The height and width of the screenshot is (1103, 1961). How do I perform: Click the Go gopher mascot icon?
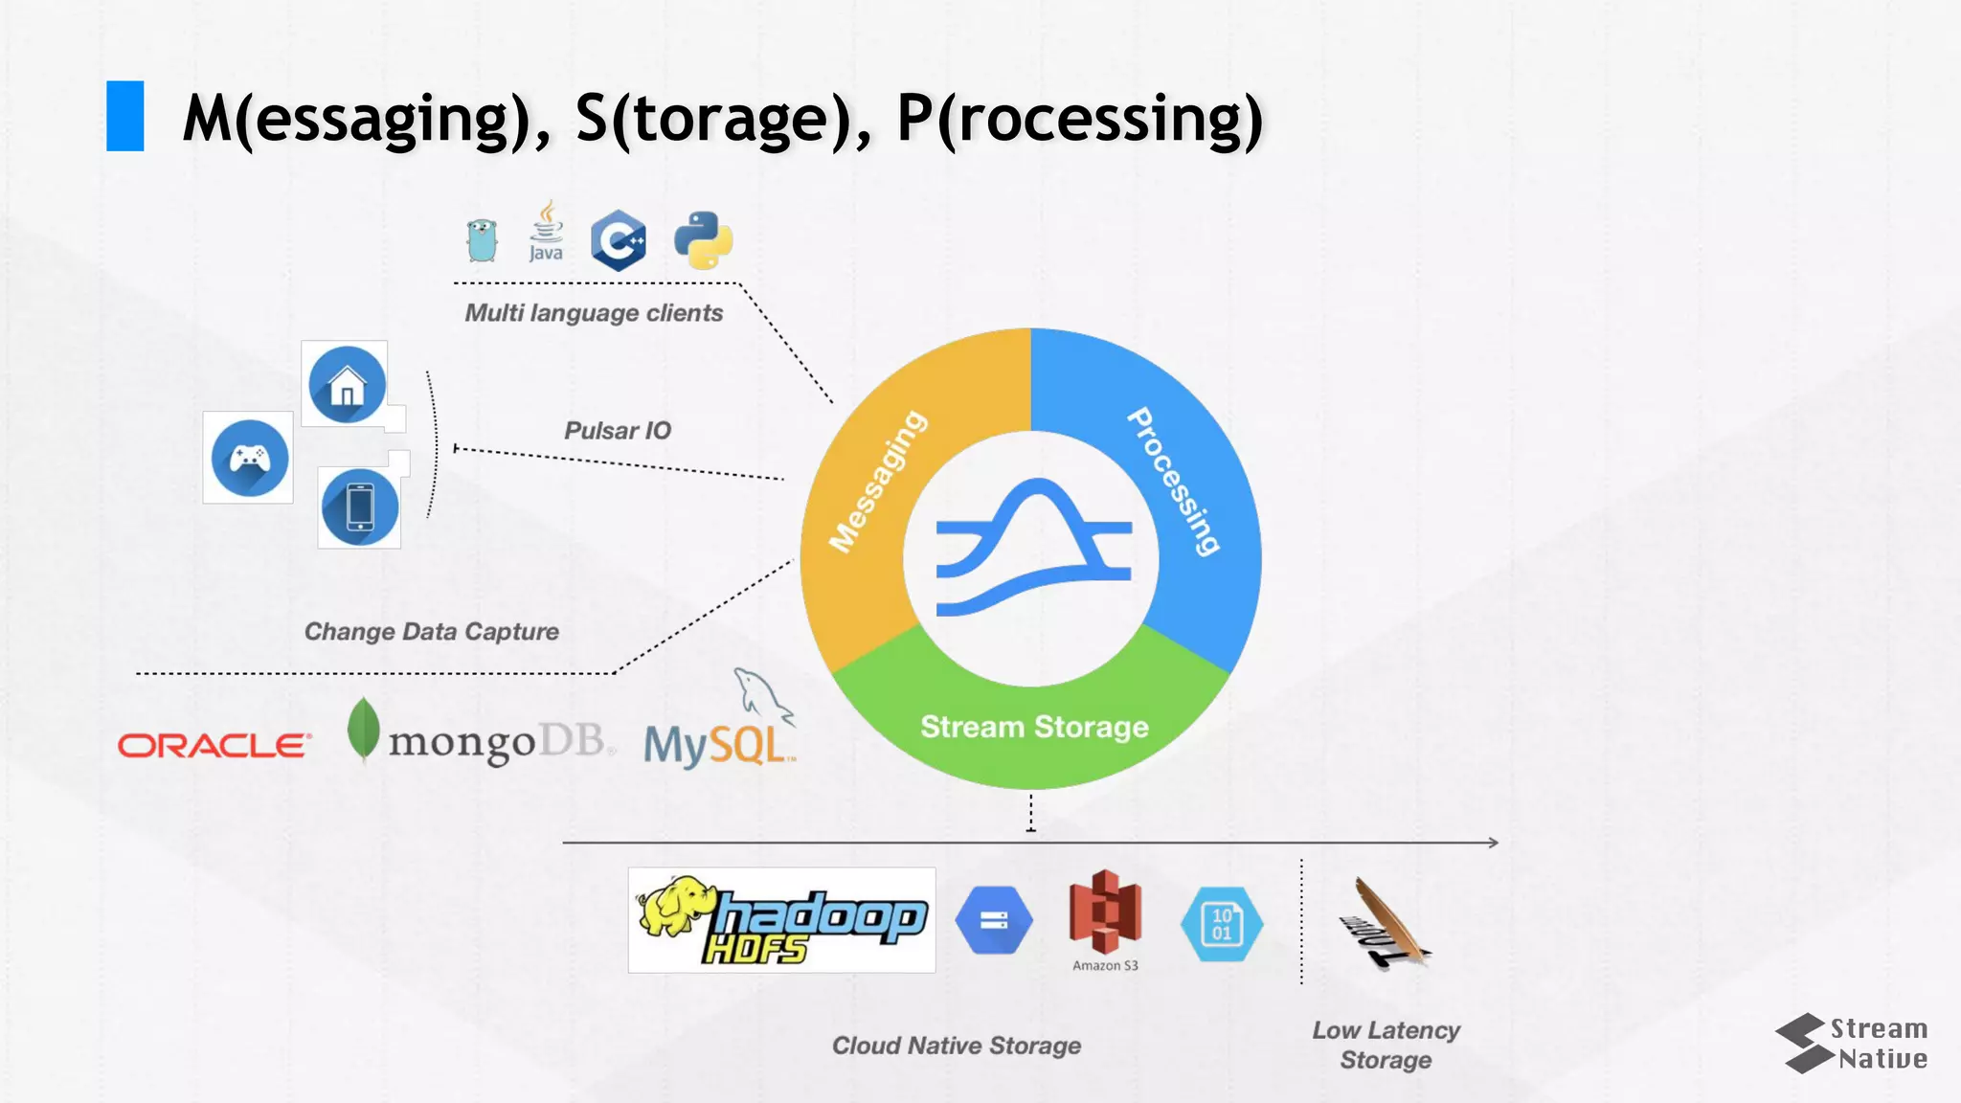482,239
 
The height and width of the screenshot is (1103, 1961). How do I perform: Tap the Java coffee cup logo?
546,231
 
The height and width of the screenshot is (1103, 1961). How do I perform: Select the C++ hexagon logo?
619,240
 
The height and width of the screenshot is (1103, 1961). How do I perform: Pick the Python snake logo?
704,240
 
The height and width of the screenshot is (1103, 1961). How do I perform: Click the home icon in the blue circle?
347,385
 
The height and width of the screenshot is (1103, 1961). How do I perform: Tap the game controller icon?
249,459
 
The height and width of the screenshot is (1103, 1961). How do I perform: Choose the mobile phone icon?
360,507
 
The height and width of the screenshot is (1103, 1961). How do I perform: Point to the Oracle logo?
214,745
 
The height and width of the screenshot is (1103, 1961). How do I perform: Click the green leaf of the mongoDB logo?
363,729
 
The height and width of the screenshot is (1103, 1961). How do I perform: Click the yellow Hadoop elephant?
676,905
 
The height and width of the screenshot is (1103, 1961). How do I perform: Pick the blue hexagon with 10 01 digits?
1222,924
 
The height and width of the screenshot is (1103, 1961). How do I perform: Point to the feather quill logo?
1385,923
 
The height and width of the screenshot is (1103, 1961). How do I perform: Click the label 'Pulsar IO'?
618,431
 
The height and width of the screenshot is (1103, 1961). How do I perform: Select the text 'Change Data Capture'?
432,632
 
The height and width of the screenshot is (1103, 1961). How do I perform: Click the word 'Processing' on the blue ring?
1174,482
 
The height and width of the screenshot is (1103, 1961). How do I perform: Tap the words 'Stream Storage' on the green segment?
1034,727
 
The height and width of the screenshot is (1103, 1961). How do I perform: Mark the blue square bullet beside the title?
125,116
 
